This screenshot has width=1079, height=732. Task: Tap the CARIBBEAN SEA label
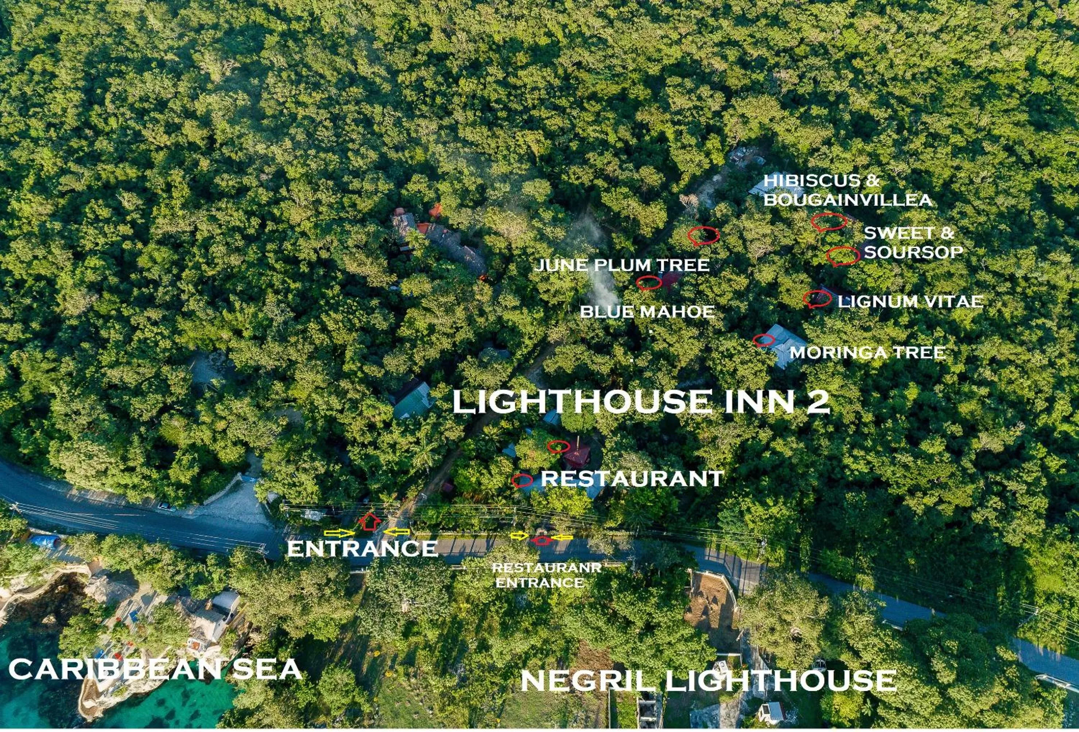click(156, 669)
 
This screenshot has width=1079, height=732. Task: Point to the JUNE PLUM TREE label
click(622, 265)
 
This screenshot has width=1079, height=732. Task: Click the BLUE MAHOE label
click(647, 311)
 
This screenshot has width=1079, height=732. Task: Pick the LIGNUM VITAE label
click(911, 301)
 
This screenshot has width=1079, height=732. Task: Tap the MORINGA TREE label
click(867, 352)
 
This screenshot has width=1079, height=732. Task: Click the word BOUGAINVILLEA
click(848, 200)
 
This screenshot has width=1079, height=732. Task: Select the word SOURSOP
click(913, 252)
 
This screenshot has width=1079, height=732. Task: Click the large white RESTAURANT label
click(632, 479)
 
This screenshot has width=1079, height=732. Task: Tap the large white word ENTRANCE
click(362, 549)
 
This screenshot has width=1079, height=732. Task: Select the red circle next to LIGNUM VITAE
click(817, 299)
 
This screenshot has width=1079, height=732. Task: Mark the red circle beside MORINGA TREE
click(763, 340)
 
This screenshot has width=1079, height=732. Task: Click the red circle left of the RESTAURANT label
click(522, 480)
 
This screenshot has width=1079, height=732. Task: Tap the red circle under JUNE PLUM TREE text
click(649, 282)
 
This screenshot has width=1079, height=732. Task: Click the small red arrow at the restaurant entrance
click(542, 540)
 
